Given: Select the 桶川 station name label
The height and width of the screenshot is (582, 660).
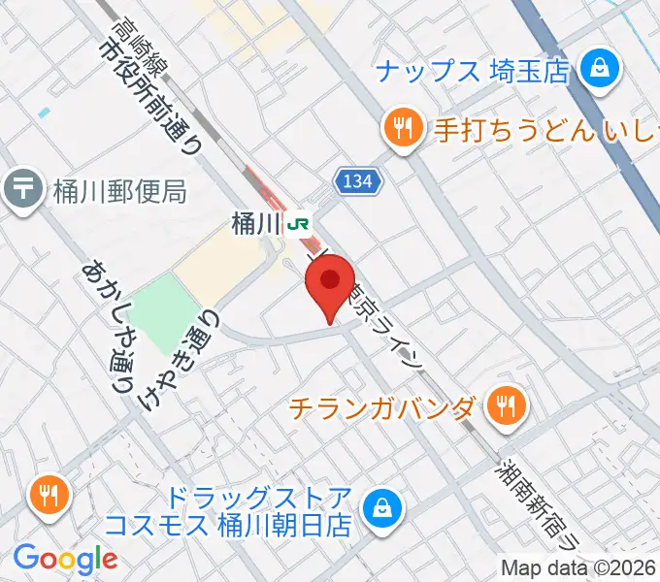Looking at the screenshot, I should tap(256, 223).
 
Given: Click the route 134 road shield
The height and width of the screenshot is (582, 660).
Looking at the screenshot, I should tap(360, 178).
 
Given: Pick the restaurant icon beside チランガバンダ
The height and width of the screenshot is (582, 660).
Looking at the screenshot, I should tap(504, 406).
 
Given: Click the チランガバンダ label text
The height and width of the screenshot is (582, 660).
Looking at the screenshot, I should tap(382, 407).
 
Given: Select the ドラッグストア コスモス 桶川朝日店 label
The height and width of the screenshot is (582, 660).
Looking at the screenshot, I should tap(232, 512).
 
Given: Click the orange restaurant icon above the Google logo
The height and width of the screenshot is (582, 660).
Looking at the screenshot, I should tap(48, 496).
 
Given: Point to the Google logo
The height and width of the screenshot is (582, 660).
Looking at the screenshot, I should tap(65, 559).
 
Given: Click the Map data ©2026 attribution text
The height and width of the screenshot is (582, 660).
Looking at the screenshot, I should tap(579, 567).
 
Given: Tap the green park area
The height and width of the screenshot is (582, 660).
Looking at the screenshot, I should tap(164, 310).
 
